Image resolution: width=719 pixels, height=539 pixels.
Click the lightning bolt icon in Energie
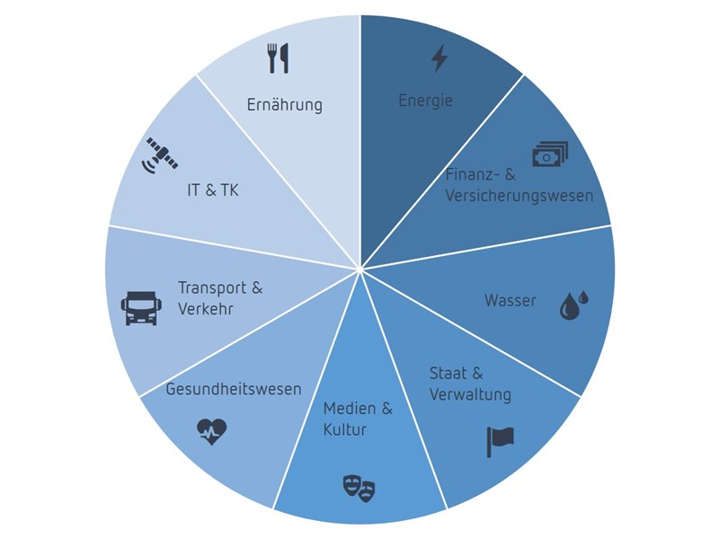[x=439, y=58]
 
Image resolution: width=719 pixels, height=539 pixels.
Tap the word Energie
[x=425, y=100]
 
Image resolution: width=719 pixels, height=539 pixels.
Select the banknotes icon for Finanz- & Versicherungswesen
[x=549, y=155]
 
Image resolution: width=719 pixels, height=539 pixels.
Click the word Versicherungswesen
[x=519, y=195]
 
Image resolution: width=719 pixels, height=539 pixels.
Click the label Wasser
[x=510, y=300]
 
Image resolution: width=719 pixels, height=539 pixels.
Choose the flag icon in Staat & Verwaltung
[x=500, y=440]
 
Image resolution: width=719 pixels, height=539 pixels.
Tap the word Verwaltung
[x=470, y=394]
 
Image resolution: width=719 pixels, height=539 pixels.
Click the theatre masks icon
[x=359, y=488]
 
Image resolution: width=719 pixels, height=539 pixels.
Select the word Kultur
[x=345, y=429]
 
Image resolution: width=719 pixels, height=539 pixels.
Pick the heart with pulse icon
[x=212, y=432]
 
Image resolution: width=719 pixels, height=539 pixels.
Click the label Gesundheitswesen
[x=233, y=389]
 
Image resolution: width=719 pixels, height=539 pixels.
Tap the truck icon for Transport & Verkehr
[x=141, y=307]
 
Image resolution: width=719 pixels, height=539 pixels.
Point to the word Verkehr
[x=206, y=309]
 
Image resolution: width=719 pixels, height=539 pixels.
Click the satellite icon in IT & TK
[x=163, y=155]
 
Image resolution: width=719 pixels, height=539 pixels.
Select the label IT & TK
[x=213, y=190]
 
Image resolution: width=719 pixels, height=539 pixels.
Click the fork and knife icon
[x=278, y=58]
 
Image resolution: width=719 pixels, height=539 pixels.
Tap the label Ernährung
[x=284, y=105]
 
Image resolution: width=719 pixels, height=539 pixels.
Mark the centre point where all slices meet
[x=360, y=269]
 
